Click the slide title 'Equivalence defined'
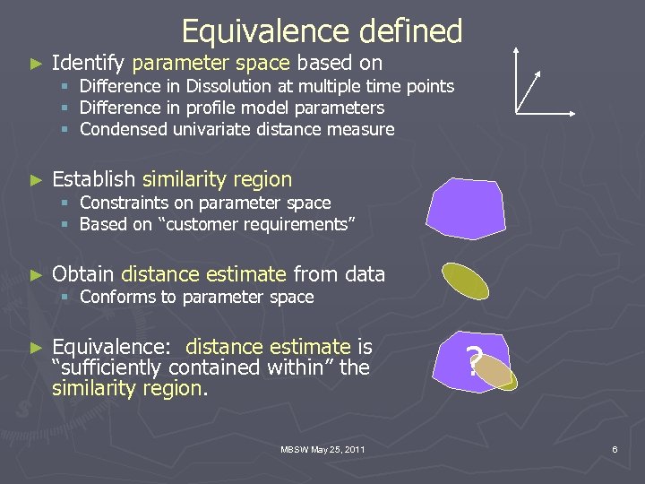point(322,32)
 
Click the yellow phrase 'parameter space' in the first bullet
point(211,63)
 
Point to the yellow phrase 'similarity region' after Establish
point(217,179)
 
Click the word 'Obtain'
point(83,274)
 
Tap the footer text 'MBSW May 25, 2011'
point(322,448)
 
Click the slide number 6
point(615,448)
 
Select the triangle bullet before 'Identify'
point(36,64)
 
